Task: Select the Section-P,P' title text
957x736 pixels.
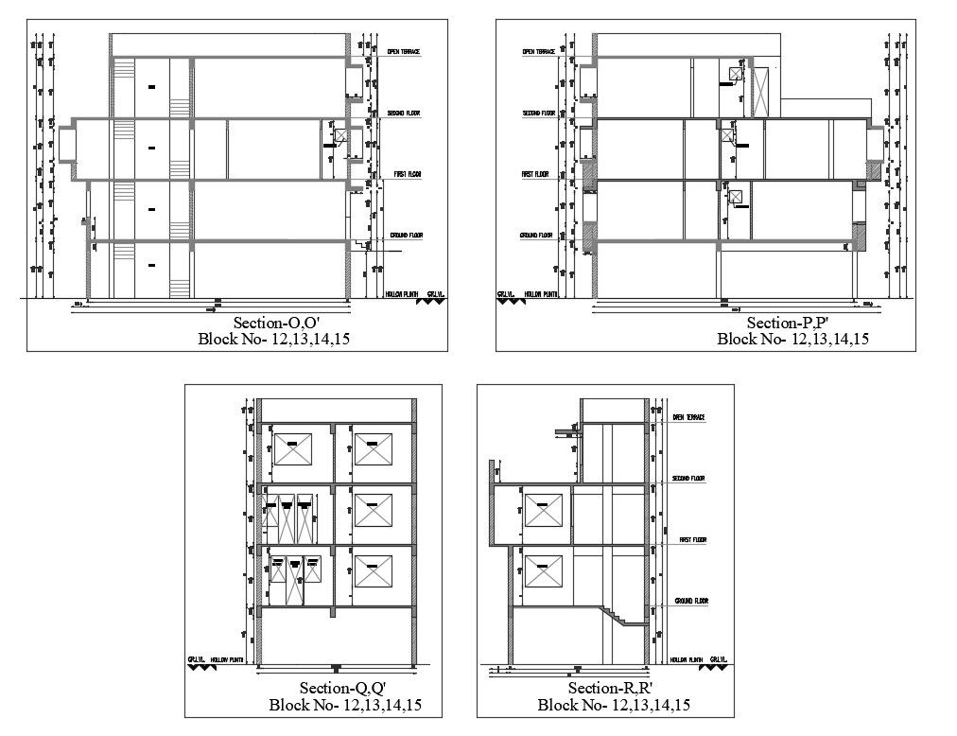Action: (x=788, y=324)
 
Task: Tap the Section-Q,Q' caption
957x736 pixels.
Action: (x=342, y=688)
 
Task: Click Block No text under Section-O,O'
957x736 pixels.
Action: (x=272, y=339)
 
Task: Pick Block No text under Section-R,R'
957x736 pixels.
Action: (x=613, y=704)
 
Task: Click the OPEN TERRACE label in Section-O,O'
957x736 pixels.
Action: (x=404, y=51)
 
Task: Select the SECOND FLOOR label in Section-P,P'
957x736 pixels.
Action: (x=538, y=114)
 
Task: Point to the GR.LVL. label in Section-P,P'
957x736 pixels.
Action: (x=506, y=294)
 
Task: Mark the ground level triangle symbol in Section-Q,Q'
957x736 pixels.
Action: (x=201, y=668)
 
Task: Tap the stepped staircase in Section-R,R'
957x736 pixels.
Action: (x=619, y=616)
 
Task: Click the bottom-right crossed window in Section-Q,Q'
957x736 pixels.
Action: (x=373, y=571)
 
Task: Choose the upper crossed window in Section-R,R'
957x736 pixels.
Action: (x=542, y=512)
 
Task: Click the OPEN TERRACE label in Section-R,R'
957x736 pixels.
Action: (x=688, y=417)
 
